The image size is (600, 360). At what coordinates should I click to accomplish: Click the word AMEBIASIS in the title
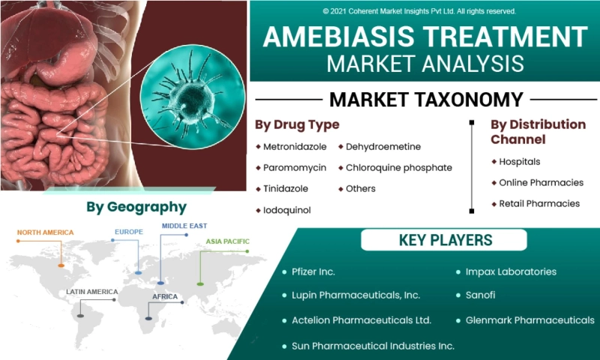(339, 37)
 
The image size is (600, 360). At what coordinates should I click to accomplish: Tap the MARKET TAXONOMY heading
(426, 100)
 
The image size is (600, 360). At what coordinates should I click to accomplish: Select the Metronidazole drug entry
(295, 147)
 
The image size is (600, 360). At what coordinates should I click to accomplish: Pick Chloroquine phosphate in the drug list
(399, 168)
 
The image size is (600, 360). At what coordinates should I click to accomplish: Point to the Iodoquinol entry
(286, 210)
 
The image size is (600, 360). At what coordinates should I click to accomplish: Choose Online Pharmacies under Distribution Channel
(541, 182)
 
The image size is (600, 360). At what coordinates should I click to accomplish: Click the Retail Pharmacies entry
(539, 203)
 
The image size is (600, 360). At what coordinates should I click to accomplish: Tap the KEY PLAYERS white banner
(444, 240)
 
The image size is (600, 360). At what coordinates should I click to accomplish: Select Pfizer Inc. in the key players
(313, 271)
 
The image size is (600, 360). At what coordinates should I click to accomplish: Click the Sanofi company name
(480, 295)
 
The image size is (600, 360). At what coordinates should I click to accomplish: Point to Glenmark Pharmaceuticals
(530, 320)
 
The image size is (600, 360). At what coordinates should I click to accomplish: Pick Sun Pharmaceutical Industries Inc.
(373, 346)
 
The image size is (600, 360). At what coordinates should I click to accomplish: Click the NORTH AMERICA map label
(45, 232)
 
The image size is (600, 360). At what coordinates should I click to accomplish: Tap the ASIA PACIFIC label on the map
(227, 241)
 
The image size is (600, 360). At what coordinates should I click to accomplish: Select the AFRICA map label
(165, 296)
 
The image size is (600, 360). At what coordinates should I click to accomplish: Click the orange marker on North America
(61, 265)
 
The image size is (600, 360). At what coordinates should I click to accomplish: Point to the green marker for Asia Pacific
(200, 283)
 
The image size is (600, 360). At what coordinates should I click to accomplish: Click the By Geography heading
(136, 207)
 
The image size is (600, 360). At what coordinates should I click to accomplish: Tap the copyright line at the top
(419, 11)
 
